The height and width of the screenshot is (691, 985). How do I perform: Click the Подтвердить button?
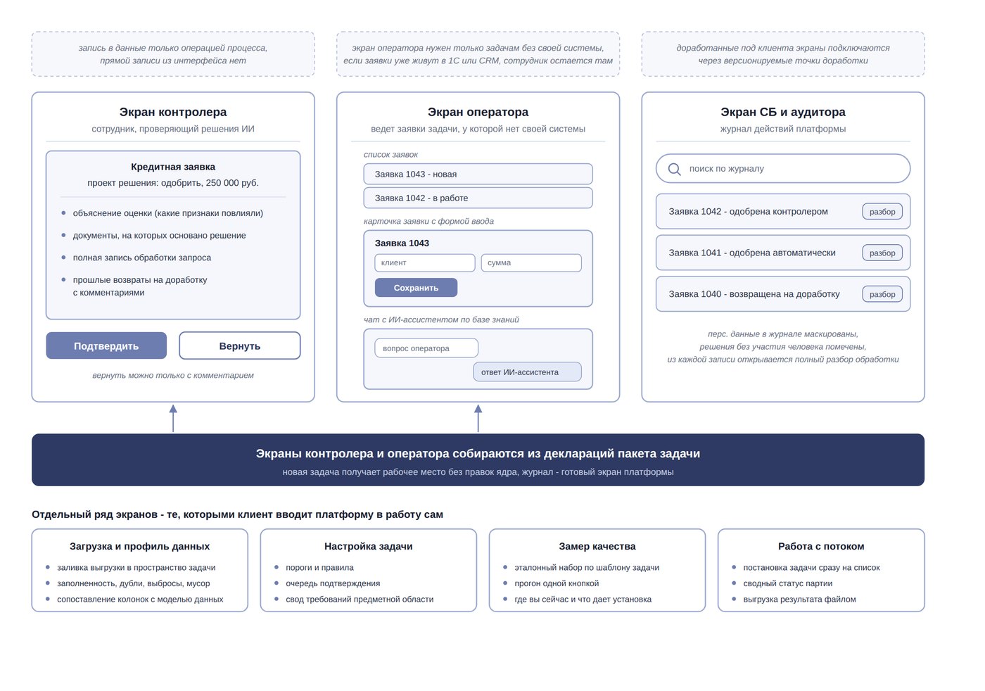(106, 346)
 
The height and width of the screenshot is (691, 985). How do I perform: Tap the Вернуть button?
(240, 346)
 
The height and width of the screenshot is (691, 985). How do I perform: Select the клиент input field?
(425, 263)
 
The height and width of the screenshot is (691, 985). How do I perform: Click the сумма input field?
(531, 263)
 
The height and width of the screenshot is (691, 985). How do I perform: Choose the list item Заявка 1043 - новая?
(478, 175)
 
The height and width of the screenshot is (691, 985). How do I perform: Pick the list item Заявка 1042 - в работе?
(478, 198)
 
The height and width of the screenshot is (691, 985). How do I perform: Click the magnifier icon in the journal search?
(675, 170)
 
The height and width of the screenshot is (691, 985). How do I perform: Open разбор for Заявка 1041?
(882, 253)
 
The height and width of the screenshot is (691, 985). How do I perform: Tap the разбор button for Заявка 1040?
(882, 294)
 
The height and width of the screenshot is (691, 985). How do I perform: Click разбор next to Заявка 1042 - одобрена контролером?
(882, 212)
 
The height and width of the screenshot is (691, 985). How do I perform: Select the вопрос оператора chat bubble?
(426, 348)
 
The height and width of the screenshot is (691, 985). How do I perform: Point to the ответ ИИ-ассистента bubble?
(527, 372)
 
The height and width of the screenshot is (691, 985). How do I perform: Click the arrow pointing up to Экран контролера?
(173, 418)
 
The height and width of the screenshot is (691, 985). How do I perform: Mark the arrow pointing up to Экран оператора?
(478, 418)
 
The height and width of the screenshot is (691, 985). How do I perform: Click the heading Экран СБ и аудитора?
(782, 112)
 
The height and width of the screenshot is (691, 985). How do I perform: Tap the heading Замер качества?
(597, 546)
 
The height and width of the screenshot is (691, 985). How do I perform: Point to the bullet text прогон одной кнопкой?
(557, 583)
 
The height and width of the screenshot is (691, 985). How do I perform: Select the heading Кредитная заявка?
(173, 167)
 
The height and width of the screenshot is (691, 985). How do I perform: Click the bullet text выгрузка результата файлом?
(799, 600)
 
